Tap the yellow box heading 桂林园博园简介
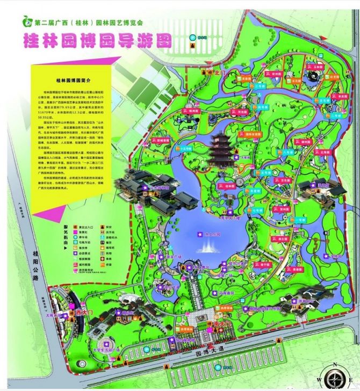(x=72, y=79)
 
